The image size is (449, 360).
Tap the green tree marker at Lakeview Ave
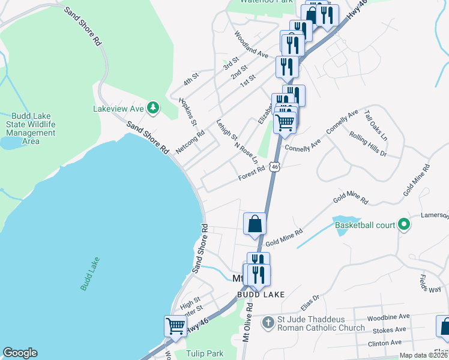click(x=154, y=107)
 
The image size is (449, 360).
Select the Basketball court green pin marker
click(x=404, y=225)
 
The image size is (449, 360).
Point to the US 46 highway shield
click(x=275, y=166)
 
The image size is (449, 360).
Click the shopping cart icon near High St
click(x=175, y=326)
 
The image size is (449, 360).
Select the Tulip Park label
click(x=205, y=353)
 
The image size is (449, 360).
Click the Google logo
click(x=20, y=353)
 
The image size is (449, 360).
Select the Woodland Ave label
click(x=252, y=44)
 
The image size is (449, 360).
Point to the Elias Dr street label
click(x=310, y=301)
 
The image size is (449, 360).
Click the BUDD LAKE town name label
click(x=261, y=294)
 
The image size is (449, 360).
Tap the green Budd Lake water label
click(x=90, y=274)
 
